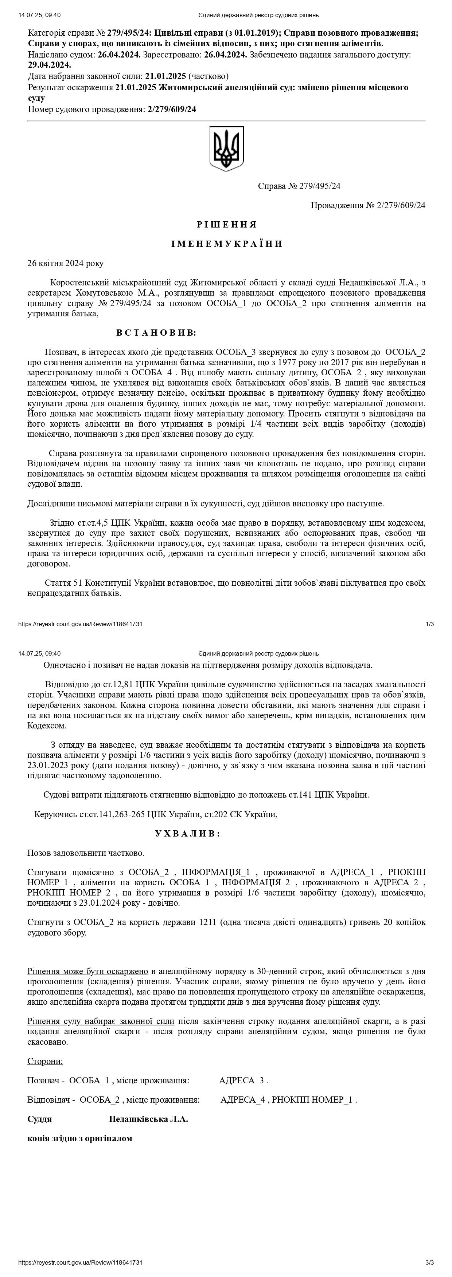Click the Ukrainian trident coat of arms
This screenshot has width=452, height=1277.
coord(226,149)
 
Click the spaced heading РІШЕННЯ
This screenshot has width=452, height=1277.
coord(226,225)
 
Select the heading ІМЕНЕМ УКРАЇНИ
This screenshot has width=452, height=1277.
coord(226,244)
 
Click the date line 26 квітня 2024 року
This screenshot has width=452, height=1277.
coord(66,263)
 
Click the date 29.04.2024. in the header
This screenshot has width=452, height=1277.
coord(50,65)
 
